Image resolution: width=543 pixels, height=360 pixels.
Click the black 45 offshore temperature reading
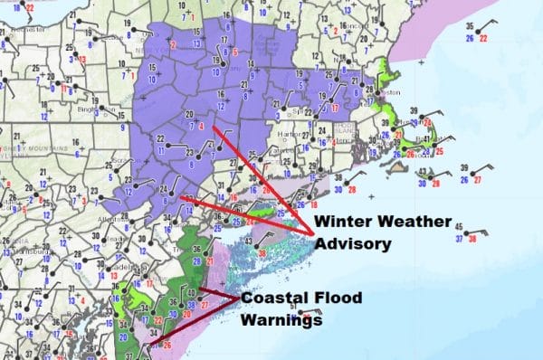[x=459, y=227]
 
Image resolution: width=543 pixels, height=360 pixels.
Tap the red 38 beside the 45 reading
[x=472, y=238]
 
